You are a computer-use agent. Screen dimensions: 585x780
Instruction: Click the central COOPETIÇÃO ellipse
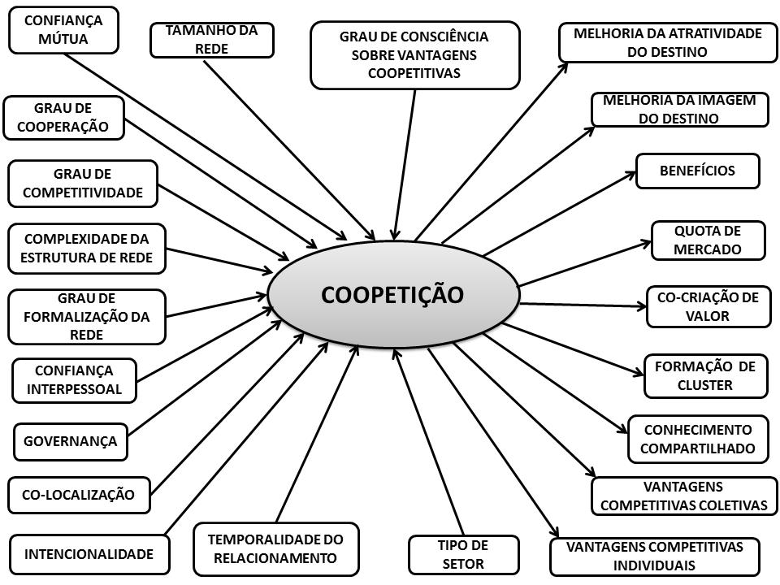[392, 295]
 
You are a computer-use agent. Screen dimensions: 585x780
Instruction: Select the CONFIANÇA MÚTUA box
[63, 29]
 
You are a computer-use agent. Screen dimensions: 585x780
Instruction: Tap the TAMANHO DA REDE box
[211, 40]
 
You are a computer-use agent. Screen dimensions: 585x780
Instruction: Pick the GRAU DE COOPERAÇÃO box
[65, 118]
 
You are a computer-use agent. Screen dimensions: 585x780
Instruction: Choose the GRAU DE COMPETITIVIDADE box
[82, 183]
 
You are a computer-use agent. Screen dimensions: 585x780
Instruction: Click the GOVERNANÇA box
[71, 442]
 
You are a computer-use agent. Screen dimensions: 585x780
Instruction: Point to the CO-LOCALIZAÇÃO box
[79, 494]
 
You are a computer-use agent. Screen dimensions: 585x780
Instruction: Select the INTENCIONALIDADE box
[89, 555]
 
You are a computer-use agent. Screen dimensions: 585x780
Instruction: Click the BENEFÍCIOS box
[697, 171]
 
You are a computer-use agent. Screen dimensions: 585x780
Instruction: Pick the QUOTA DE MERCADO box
[708, 240]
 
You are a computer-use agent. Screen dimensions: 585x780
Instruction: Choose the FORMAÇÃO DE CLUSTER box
[705, 375]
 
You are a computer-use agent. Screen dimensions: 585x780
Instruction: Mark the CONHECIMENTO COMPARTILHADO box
[698, 439]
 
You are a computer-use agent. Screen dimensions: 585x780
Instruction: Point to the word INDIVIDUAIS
[654, 565]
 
